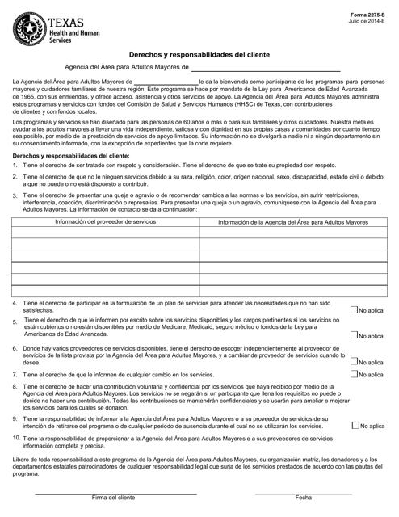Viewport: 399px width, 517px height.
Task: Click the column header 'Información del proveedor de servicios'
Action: [106, 221]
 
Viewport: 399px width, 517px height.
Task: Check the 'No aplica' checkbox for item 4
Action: [355, 309]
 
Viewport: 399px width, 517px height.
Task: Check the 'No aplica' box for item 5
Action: [355, 335]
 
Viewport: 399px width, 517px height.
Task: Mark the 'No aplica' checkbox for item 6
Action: [355, 362]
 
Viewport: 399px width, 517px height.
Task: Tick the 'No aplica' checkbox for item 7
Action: [355, 375]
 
